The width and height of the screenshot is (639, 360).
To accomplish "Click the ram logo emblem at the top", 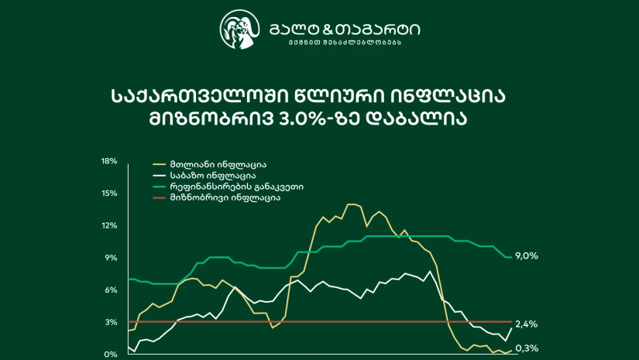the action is [239, 29].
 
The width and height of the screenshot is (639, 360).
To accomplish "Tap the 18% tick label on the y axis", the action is [108, 161].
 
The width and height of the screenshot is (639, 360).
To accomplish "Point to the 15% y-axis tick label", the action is [108, 194].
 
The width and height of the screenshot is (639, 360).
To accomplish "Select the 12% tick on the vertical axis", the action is [108, 225].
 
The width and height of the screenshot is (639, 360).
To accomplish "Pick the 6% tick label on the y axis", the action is [111, 290].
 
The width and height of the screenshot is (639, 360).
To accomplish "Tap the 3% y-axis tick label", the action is [111, 322].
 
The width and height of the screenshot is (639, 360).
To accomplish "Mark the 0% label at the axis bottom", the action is [111, 355].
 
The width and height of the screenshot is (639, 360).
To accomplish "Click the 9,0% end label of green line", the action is [527, 256].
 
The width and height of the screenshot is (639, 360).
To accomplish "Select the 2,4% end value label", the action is [527, 324].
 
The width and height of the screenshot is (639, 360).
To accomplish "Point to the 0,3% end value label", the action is [527, 348].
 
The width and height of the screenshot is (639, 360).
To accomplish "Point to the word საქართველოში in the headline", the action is [201, 97].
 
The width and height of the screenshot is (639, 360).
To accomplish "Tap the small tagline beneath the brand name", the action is [345, 43].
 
